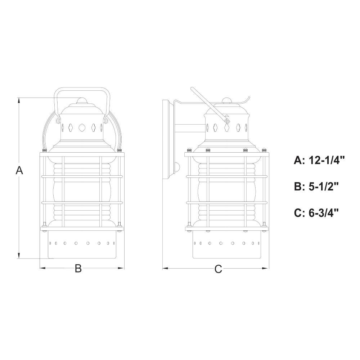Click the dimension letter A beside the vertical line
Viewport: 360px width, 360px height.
(19, 170)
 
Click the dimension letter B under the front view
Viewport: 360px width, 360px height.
(78, 268)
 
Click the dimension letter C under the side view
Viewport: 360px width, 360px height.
(219, 269)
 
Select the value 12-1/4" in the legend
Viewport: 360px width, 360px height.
(327, 160)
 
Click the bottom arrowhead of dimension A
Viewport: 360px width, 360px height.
(19, 255)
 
